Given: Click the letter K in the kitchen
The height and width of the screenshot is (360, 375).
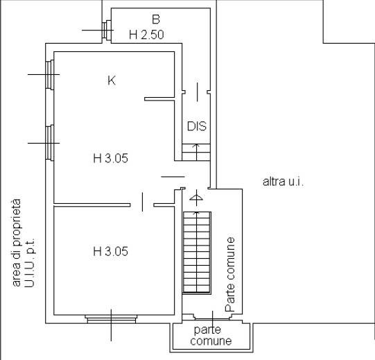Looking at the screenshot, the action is tap(112, 80).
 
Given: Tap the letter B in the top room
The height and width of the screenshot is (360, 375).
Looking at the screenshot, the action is tap(156, 19).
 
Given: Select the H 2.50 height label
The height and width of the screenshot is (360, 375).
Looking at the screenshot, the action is tap(146, 35).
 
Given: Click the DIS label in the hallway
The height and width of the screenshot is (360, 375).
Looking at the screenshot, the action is tap(197, 126).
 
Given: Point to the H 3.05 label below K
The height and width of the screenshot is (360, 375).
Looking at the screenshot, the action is tap(110, 158).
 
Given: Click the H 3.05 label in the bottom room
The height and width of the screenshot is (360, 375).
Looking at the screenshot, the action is tap(110, 251).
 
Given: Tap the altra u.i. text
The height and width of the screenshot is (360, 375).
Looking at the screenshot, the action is tap(284, 182).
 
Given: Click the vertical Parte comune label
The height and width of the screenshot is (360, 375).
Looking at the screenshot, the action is tap(230, 274).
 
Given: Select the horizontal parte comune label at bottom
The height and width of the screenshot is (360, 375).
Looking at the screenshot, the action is tap(211, 336).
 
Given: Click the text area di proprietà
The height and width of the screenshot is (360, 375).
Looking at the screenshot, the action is tap(16, 243).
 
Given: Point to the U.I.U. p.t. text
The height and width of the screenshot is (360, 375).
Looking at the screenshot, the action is tap(30, 262).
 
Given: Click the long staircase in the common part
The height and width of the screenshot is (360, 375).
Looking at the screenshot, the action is tap(197, 252).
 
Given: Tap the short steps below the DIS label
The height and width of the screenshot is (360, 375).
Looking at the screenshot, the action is tap(196, 152).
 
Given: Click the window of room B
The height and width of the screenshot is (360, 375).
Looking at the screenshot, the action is tap(107, 30).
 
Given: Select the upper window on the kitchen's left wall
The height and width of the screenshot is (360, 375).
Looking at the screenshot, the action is tap(50, 75).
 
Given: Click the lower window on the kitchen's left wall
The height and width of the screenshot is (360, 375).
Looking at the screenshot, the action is tap(50, 143).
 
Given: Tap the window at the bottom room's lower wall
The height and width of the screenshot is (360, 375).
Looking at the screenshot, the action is tap(111, 319).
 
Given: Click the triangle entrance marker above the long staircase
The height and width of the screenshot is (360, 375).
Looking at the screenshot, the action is tap(196, 198).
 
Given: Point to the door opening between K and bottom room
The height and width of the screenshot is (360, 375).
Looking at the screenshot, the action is tap(142, 205).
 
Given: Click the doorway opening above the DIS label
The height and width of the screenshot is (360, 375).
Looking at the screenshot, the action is tap(197, 92).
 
